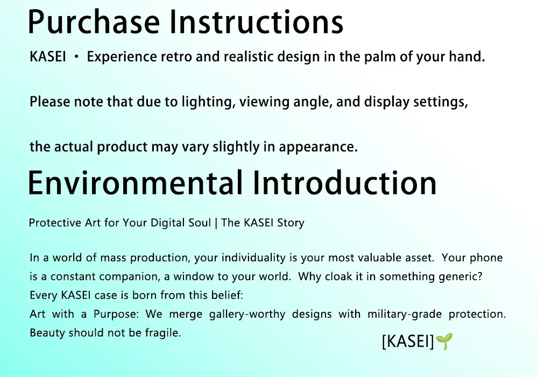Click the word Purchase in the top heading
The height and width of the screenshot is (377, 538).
click(94, 22)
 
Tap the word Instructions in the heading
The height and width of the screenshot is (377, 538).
click(257, 22)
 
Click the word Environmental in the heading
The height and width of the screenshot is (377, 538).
click(135, 183)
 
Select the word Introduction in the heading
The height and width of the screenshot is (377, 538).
click(345, 183)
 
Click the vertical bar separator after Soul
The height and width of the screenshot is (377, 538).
click(216, 223)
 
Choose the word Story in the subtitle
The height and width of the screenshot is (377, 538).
click(291, 223)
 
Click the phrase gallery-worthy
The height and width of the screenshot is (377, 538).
click(247, 314)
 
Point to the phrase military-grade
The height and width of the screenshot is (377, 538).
click(405, 314)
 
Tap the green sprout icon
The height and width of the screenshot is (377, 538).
click(444, 341)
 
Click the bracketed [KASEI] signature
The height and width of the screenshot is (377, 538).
click(408, 341)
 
